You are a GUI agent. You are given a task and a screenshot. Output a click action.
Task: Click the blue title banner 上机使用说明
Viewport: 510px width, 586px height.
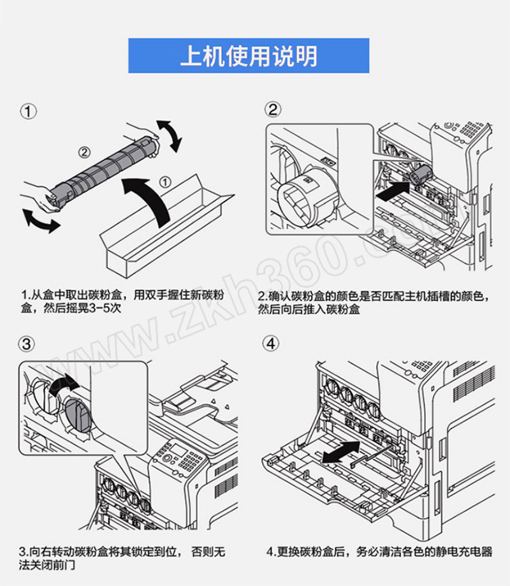click(x=249, y=56)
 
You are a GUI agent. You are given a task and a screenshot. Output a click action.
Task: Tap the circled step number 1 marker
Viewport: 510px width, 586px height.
click(x=28, y=112)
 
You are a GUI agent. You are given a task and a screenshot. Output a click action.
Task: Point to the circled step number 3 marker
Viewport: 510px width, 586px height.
click(x=28, y=345)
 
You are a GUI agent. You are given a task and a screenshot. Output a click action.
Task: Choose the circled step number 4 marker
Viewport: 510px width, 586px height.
click(x=273, y=344)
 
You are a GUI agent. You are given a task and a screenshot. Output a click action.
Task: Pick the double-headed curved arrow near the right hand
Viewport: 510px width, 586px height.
click(x=170, y=135)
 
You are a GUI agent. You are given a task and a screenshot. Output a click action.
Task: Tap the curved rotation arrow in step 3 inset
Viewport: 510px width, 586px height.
click(x=62, y=386)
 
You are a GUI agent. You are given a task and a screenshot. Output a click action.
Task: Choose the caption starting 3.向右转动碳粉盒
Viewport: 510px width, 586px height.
click(x=121, y=558)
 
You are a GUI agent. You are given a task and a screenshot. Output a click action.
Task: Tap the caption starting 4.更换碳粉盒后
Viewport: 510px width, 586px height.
click(x=380, y=552)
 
